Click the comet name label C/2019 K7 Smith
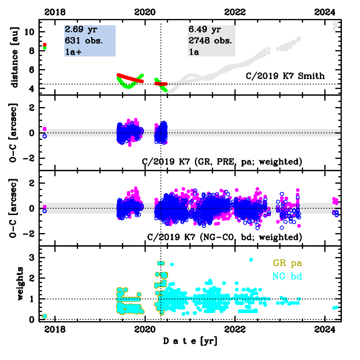pos(285,76)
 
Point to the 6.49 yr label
pos(204,30)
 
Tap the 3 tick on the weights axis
pos(32,257)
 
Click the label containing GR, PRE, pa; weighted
pos(221,162)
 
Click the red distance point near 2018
pos(44,45)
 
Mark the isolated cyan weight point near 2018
pos(44,316)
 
